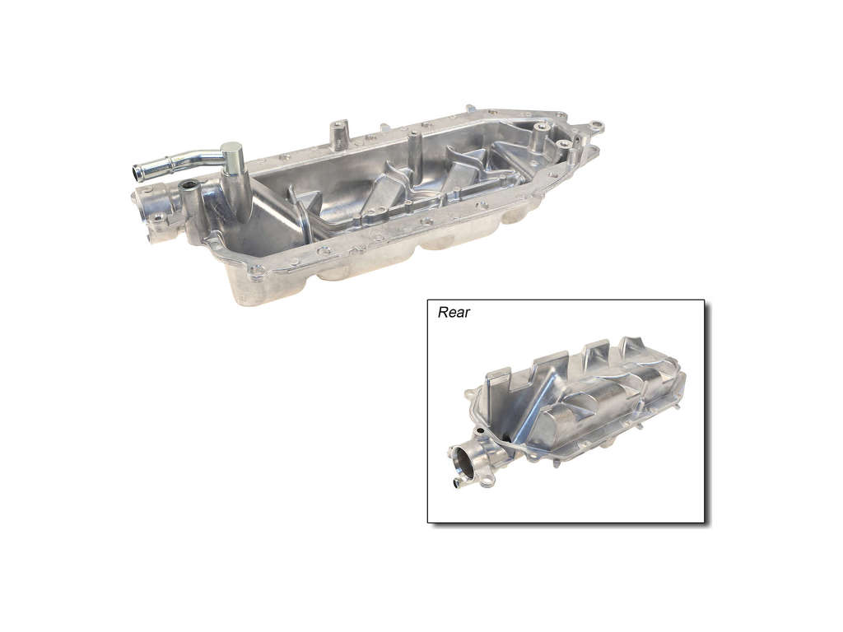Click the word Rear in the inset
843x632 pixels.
pyautogui.click(x=454, y=312)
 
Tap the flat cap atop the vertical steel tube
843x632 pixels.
pyautogui.click(x=231, y=147)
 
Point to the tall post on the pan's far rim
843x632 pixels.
pyautogui.click(x=337, y=135)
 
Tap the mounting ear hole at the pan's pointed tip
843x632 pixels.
pyautogui.click(x=596, y=126)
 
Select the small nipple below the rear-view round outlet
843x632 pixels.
pyautogui.click(x=458, y=482)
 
